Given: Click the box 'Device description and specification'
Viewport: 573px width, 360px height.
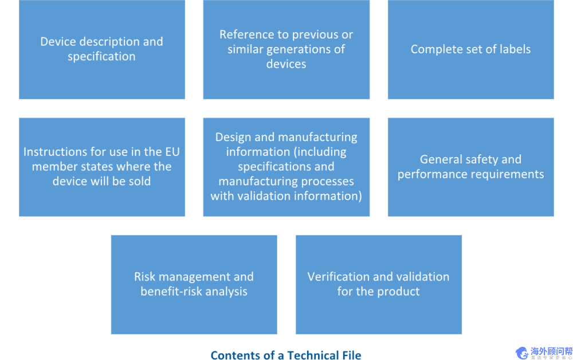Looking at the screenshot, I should pyautogui.click(x=102, y=49).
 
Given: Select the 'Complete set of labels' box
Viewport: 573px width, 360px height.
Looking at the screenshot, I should pyautogui.click(x=470, y=49).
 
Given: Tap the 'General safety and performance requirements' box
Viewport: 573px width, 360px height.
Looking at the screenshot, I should pyautogui.click(x=470, y=167).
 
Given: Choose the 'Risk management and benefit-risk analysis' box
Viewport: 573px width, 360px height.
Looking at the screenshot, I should pyautogui.click(x=194, y=284).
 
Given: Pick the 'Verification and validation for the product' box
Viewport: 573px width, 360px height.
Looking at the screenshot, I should pyautogui.click(x=378, y=284).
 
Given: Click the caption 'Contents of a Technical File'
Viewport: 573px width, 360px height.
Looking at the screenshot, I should pyautogui.click(x=286, y=355).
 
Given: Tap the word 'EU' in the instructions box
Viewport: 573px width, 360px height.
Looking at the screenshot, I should pyautogui.click(x=171, y=152).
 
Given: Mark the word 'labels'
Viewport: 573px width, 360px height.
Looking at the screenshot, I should pyautogui.click(x=514, y=49).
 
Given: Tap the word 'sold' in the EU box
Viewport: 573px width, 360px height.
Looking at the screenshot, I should pyautogui.click(x=140, y=182).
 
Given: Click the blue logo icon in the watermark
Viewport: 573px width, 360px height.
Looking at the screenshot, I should pyautogui.click(x=522, y=353).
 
